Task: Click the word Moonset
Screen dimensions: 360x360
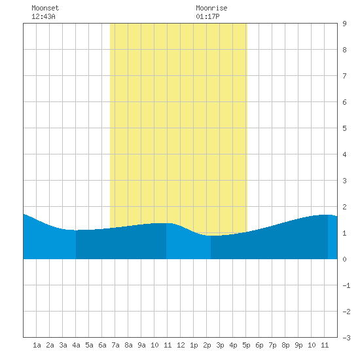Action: (45, 8)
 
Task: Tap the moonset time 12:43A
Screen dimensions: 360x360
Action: (43, 16)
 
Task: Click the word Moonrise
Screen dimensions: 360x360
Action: (211, 8)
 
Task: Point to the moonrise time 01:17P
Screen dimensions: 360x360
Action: (207, 16)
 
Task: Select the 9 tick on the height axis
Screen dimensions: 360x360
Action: (344, 24)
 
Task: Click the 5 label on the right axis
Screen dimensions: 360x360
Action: (344, 128)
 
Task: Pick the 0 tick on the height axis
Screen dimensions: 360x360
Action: (344, 259)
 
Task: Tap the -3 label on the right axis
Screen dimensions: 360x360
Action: (346, 338)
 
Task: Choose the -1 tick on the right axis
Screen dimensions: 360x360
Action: (346, 285)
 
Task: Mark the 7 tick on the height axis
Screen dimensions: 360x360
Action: (344, 76)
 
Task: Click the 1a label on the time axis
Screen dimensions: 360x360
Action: (37, 345)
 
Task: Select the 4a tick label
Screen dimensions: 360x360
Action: (76, 345)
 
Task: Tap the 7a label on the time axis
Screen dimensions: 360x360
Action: (115, 345)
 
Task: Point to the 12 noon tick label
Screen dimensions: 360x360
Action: (181, 345)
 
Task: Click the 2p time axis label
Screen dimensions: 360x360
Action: (207, 345)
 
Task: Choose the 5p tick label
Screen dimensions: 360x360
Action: (246, 345)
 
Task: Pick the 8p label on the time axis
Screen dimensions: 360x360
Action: (285, 345)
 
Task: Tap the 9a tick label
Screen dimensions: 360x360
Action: (141, 345)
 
